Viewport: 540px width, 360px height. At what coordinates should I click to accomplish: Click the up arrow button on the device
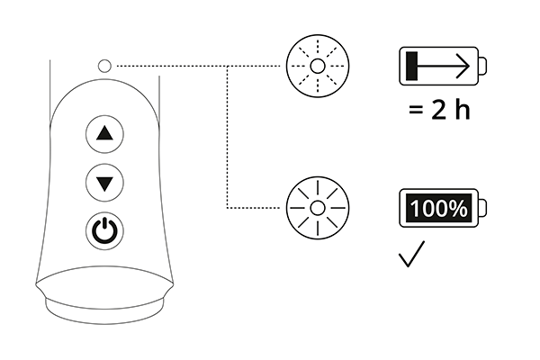click(x=104, y=134)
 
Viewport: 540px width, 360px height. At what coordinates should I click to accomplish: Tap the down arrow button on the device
click(x=104, y=183)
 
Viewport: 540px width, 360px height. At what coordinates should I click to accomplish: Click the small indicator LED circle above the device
click(x=104, y=66)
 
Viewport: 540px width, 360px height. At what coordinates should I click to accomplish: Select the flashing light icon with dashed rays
click(x=318, y=66)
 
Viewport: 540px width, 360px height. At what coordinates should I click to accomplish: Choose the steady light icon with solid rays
click(x=318, y=208)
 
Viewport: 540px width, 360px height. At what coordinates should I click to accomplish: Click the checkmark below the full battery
click(x=411, y=254)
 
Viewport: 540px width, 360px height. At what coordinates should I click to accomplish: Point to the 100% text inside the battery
click(x=439, y=208)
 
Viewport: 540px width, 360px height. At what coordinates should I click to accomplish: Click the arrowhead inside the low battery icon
click(x=463, y=66)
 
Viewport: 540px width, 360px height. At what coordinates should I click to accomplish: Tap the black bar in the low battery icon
click(x=412, y=66)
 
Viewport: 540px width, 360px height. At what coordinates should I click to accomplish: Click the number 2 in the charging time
click(x=438, y=110)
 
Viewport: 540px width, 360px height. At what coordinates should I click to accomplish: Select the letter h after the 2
click(x=463, y=109)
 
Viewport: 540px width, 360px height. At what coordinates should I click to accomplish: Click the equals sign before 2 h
click(x=416, y=110)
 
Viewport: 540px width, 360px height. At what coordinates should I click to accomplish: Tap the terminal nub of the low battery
click(x=482, y=66)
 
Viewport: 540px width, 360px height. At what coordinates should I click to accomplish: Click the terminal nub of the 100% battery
click(x=482, y=208)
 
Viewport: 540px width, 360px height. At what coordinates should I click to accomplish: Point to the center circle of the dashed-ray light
click(x=318, y=66)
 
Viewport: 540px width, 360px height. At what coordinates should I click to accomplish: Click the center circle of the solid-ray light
click(x=318, y=208)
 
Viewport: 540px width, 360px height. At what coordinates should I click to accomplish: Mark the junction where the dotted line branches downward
click(x=228, y=66)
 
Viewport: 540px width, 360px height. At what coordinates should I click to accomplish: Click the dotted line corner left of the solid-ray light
click(x=228, y=208)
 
